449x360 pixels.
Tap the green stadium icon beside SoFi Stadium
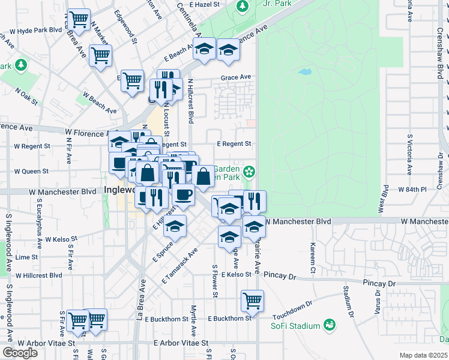(x=329, y=325)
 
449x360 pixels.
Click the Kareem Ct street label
(x=313, y=257)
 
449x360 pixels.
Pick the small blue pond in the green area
(x=305, y=72)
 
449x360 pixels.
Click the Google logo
(x=20, y=353)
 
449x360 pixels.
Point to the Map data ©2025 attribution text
(x=423, y=355)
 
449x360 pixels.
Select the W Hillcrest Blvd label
(x=38, y=275)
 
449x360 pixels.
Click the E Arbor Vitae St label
(x=180, y=343)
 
